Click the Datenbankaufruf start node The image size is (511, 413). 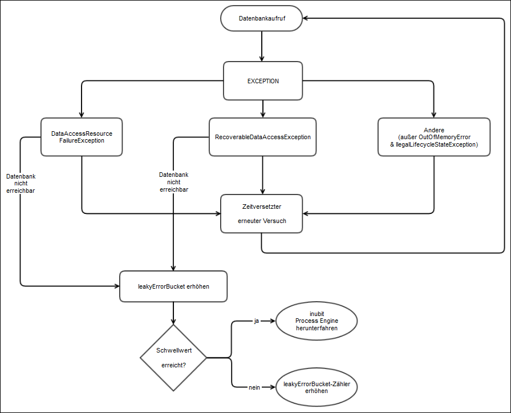coord(262,19)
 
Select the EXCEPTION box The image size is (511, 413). coord(262,81)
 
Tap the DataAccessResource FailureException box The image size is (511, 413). coord(82,137)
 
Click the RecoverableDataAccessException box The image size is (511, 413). coord(262,137)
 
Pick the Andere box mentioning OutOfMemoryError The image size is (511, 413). coord(433,137)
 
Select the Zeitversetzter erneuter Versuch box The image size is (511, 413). coord(262,213)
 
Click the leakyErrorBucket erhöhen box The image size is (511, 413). coord(173,286)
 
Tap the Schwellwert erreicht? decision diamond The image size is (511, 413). coord(173,358)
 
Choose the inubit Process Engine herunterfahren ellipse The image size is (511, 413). coord(317,321)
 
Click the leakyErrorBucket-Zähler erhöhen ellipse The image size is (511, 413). coord(317,388)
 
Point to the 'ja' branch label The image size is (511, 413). coord(257,321)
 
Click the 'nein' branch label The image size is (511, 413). coord(254,388)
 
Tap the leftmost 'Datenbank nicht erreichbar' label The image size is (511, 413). coord(20,184)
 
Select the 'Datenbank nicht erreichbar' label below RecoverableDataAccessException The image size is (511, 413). coord(173,181)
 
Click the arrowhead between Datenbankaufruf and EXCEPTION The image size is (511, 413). coord(262,58)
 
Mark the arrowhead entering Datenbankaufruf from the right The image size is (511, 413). coord(307,19)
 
